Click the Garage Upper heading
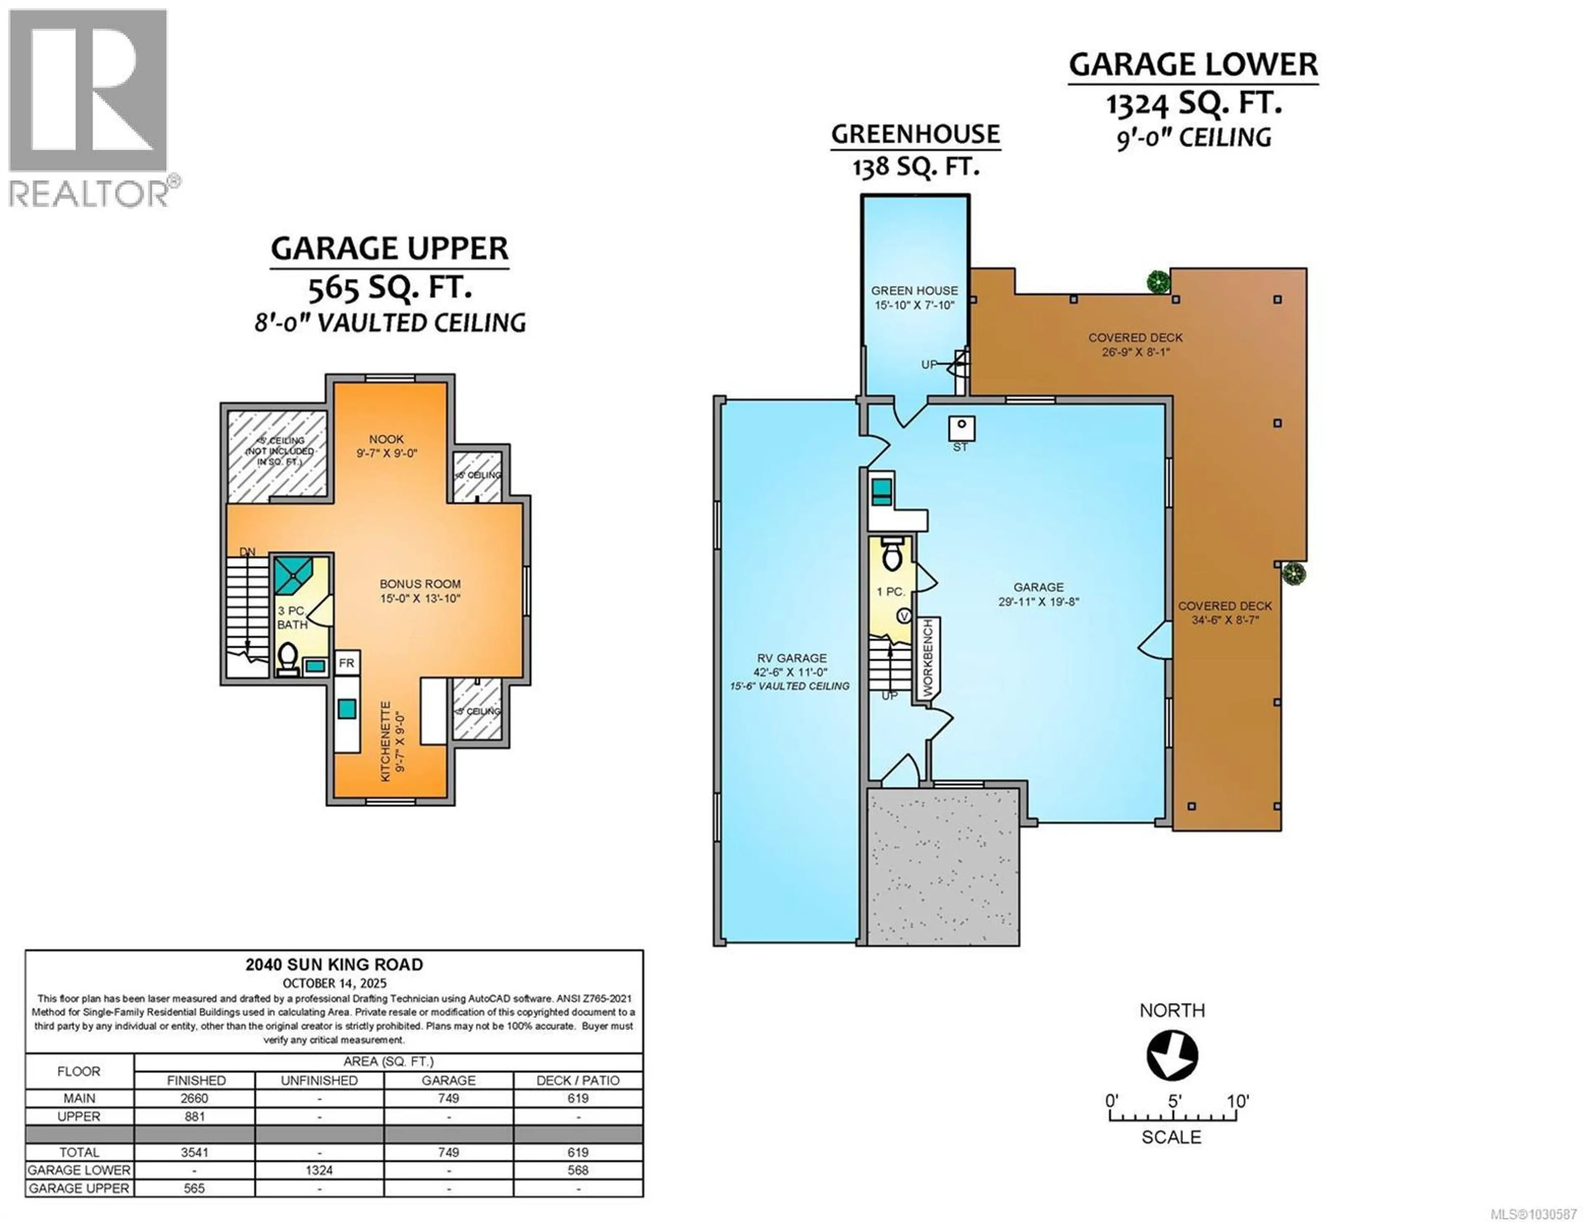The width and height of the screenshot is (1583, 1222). tap(389, 248)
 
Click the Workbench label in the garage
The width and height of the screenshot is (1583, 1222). tap(928, 658)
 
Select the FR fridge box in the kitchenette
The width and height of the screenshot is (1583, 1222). tap(346, 663)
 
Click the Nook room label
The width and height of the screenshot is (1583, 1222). tap(386, 439)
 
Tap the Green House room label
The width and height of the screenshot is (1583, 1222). tap(914, 290)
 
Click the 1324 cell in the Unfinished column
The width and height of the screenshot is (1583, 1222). tap(319, 1170)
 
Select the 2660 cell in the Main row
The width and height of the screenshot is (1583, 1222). tap(194, 1098)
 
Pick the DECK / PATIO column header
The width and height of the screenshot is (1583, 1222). tap(578, 1080)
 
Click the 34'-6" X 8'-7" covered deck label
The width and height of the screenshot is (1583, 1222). tap(1224, 620)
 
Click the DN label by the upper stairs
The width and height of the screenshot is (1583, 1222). tap(247, 552)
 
